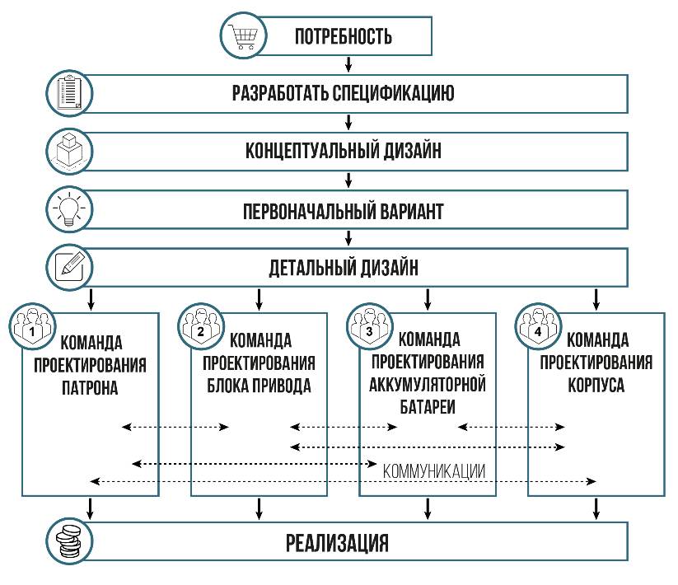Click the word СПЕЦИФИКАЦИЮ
tap(396, 92)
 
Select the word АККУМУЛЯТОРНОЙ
tap(428, 385)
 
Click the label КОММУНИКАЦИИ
tap(433, 471)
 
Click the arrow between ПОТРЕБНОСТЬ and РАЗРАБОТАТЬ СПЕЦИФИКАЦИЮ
tap(348, 64)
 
